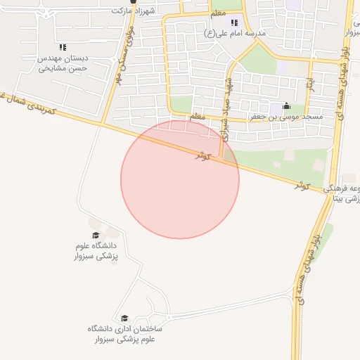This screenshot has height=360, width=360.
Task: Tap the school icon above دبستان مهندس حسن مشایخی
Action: [x=63, y=47]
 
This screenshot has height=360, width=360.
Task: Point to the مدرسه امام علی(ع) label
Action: [x=234, y=33]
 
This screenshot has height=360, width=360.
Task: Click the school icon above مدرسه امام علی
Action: [x=234, y=22]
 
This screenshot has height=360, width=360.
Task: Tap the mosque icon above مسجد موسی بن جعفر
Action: [x=286, y=107]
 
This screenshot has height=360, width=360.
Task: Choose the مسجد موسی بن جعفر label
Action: [x=287, y=118]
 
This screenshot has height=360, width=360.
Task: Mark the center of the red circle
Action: [x=180, y=179]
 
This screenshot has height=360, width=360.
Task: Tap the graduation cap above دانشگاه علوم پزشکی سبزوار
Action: [x=96, y=235]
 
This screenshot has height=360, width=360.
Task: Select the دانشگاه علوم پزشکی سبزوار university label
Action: [x=96, y=252]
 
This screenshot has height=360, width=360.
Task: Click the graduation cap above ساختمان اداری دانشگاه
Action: [x=125, y=318]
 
